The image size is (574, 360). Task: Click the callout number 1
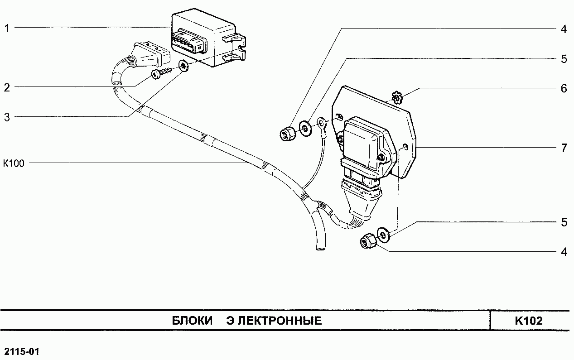click(x=7, y=28)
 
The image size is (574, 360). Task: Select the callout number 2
click(x=7, y=87)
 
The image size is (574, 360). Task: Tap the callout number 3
click(x=7, y=117)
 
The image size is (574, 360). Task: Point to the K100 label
click(x=14, y=163)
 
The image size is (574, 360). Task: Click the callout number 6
click(x=564, y=88)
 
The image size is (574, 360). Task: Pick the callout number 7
click(x=564, y=148)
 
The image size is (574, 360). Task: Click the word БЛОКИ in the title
click(x=193, y=321)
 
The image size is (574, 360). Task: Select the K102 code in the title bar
click(x=528, y=321)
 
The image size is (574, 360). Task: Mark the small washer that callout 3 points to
click(x=183, y=66)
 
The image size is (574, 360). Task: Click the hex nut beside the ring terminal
click(x=287, y=134)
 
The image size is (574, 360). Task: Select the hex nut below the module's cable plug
click(x=367, y=242)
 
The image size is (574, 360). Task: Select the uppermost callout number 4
click(x=564, y=29)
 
